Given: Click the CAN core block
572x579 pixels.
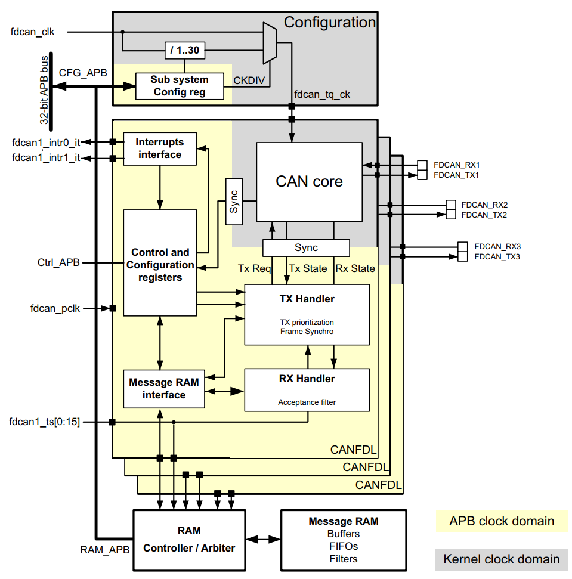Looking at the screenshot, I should point(309,181).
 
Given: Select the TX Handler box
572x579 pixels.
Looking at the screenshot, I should point(307,315).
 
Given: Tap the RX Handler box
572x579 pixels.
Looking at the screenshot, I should point(307,389).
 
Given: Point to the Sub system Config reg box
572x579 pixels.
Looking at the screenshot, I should point(179,86).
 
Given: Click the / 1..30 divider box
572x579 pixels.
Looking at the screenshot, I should point(184,51).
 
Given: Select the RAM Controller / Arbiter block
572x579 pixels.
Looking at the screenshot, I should point(189,539).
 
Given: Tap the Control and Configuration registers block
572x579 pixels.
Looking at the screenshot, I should point(160,264).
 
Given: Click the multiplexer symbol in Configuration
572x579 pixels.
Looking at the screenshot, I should point(270,42).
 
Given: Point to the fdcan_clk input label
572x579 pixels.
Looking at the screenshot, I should point(33,32).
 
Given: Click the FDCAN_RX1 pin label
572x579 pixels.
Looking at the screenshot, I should point(457,164).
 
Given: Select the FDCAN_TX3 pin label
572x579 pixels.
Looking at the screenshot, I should point(497,256).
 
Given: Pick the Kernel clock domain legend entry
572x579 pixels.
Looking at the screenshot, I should point(501,559).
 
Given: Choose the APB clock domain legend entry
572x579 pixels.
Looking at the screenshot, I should point(501,521).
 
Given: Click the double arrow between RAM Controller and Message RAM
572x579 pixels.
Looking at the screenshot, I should point(262,539).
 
